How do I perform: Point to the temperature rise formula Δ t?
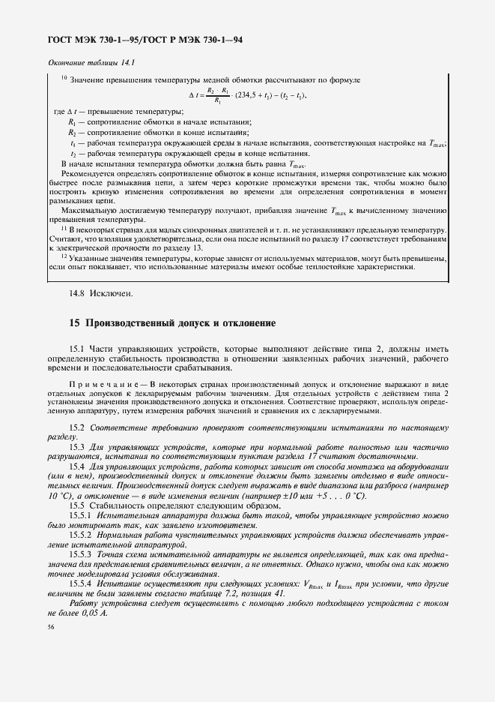click(x=248, y=95)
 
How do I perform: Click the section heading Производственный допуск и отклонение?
click(x=180, y=323)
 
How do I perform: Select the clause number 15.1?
click(x=78, y=348)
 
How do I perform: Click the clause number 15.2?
click(x=78, y=427)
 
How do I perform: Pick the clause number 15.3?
click(x=78, y=446)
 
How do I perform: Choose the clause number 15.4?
click(x=78, y=466)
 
